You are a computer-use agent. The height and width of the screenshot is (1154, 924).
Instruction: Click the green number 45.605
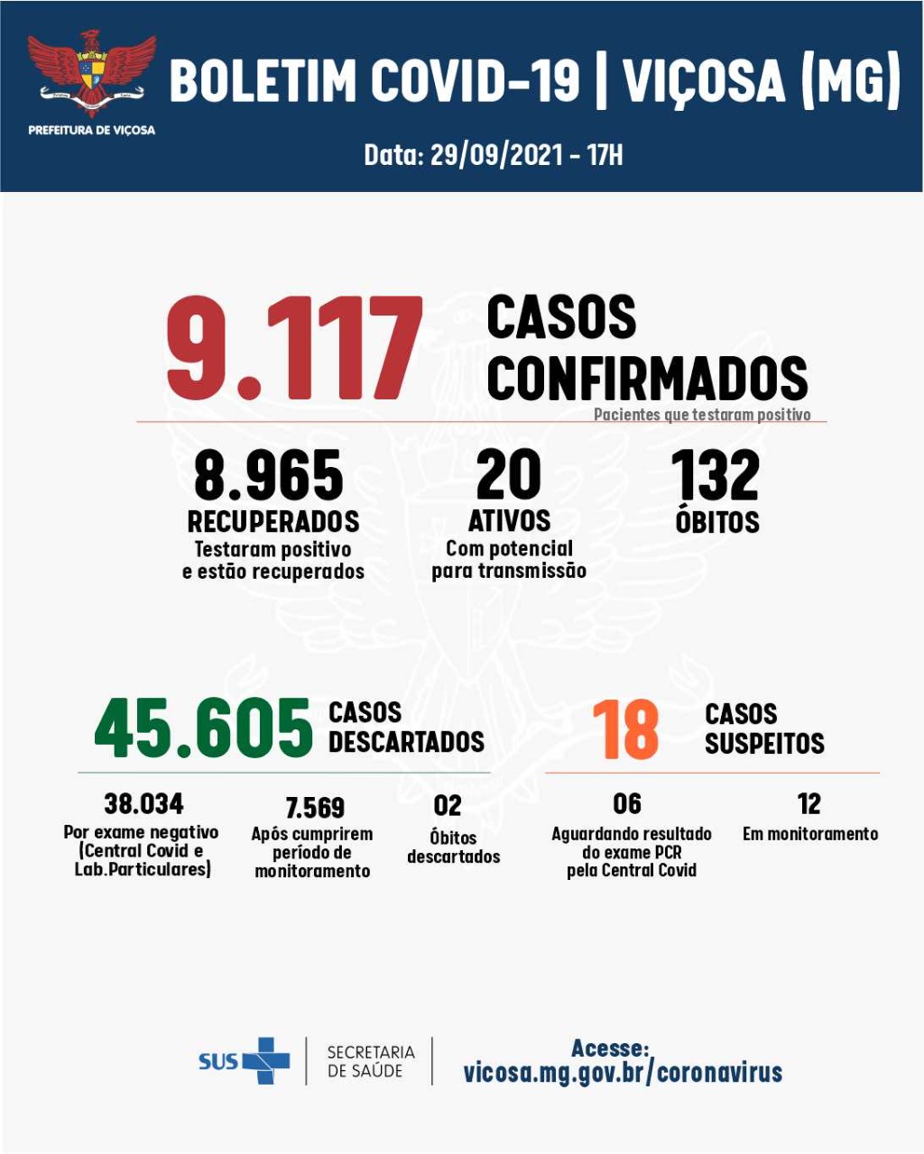(x=204, y=728)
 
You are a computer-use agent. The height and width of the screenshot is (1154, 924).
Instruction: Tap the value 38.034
(x=143, y=802)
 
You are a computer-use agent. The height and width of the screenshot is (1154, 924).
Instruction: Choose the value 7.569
(x=315, y=807)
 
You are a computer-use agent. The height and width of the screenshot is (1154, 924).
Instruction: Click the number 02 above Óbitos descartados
(x=448, y=805)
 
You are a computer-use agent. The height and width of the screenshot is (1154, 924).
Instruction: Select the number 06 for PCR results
(x=627, y=802)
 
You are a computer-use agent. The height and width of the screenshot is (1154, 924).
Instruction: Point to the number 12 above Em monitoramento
(x=809, y=802)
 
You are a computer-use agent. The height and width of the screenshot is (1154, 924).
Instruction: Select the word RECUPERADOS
(x=273, y=521)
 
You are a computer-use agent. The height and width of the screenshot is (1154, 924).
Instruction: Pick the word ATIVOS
(x=509, y=520)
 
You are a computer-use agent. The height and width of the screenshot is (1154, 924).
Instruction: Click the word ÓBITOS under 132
(x=717, y=521)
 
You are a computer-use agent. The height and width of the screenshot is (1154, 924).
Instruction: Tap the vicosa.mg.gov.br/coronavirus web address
(x=623, y=1073)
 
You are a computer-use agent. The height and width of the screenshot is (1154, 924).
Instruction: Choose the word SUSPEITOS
(x=764, y=744)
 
